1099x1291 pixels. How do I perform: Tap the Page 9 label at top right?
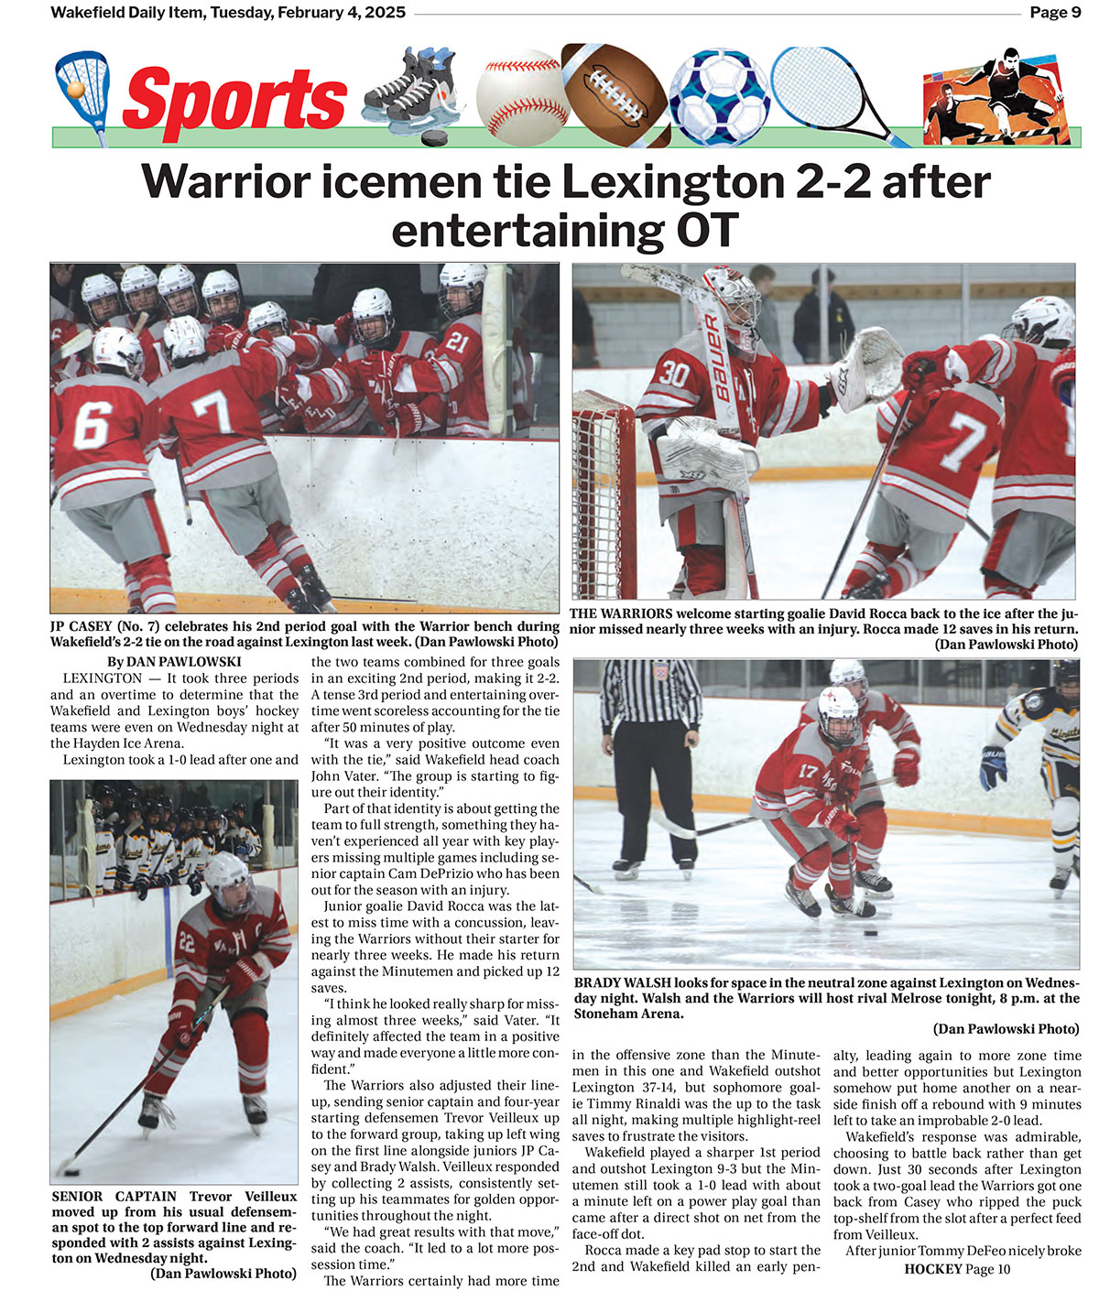pos(1055,13)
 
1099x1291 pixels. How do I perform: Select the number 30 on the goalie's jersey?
pos(674,373)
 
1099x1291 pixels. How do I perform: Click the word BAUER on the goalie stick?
pos(718,357)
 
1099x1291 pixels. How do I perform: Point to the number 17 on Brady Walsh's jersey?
pos(807,771)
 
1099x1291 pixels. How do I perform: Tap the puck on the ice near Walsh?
pos(870,934)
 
